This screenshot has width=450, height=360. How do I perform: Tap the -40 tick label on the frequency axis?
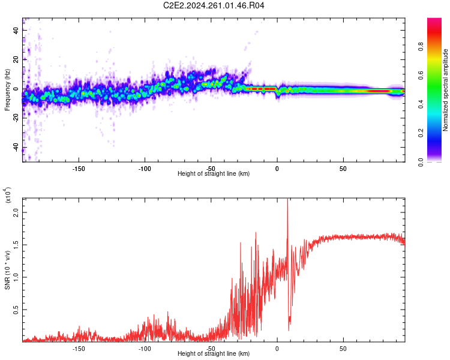[x=15, y=148]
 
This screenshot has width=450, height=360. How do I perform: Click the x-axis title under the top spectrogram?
[x=214, y=174]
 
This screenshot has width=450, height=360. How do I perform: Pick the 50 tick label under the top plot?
[x=343, y=169]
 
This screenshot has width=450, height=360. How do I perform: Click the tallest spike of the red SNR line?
[x=287, y=200]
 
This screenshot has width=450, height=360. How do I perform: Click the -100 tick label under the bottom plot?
[x=144, y=349]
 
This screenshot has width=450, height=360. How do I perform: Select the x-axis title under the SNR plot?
[x=214, y=354]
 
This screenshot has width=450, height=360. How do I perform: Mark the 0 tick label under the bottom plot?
[x=277, y=349]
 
